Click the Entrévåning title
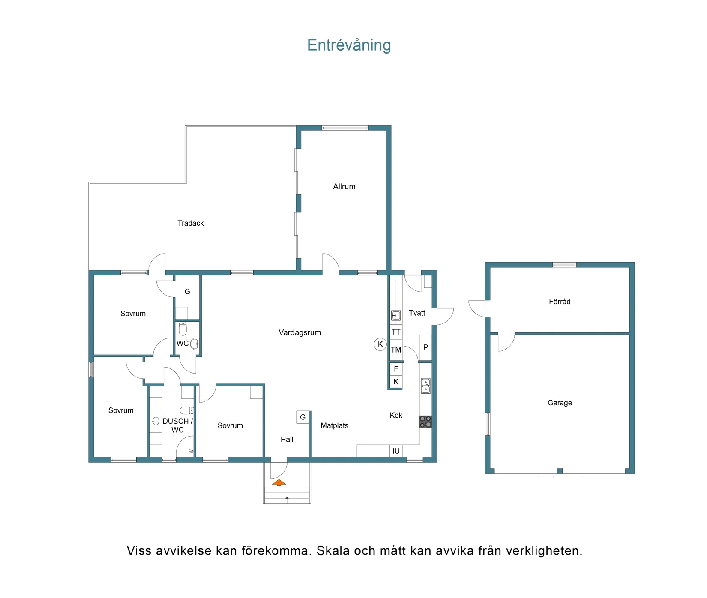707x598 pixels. click(x=349, y=45)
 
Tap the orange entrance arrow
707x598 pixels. click(x=279, y=483)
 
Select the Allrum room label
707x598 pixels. click(x=344, y=187)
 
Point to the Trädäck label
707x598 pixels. click(x=191, y=223)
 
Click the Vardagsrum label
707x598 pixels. click(x=300, y=333)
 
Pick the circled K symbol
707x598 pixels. click(x=380, y=344)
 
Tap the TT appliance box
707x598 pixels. click(x=396, y=332)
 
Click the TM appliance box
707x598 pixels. click(x=396, y=350)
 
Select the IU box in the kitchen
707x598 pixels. click(x=396, y=451)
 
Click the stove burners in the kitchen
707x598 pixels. click(x=425, y=422)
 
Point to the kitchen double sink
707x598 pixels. click(x=425, y=386)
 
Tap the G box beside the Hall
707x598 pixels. click(x=303, y=417)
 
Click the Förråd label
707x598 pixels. click(x=560, y=302)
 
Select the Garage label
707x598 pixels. click(x=560, y=403)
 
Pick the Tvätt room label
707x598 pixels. click(x=417, y=313)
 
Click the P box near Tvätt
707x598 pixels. click(x=425, y=347)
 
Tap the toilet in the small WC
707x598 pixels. click(x=183, y=329)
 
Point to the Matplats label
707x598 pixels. click(x=334, y=426)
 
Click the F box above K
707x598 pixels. click(x=396, y=369)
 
